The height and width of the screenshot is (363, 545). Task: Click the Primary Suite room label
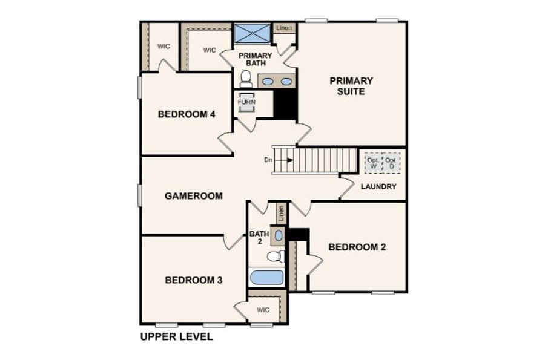pos(351,86)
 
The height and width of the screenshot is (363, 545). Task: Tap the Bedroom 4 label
pos(187,114)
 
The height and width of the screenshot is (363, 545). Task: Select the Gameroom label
pos(194,196)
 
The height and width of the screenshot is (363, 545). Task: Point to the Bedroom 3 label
pos(194,280)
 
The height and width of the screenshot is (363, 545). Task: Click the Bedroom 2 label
pos(357,247)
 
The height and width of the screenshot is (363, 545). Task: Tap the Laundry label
pos(378,186)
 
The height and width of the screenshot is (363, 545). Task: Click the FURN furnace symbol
pos(246,102)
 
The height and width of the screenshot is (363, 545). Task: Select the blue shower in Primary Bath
pos(252,33)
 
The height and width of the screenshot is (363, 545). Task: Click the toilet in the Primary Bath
pos(246,79)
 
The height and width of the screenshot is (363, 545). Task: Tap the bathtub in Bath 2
pos(266,278)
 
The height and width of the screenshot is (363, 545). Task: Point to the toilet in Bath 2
pos(276,257)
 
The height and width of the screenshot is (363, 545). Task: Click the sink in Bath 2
pos(279,235)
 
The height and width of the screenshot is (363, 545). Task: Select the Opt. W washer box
pos(373,163)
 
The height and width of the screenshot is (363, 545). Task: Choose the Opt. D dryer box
pos(391,163)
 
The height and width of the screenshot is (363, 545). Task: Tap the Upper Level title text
pos(177,337)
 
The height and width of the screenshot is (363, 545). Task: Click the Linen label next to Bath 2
pos(281,214)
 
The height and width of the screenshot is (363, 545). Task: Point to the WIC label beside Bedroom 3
pos(263,310)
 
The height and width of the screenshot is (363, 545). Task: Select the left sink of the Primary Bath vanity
pos(268,82)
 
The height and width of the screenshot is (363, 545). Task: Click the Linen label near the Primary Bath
pos(285,28)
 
